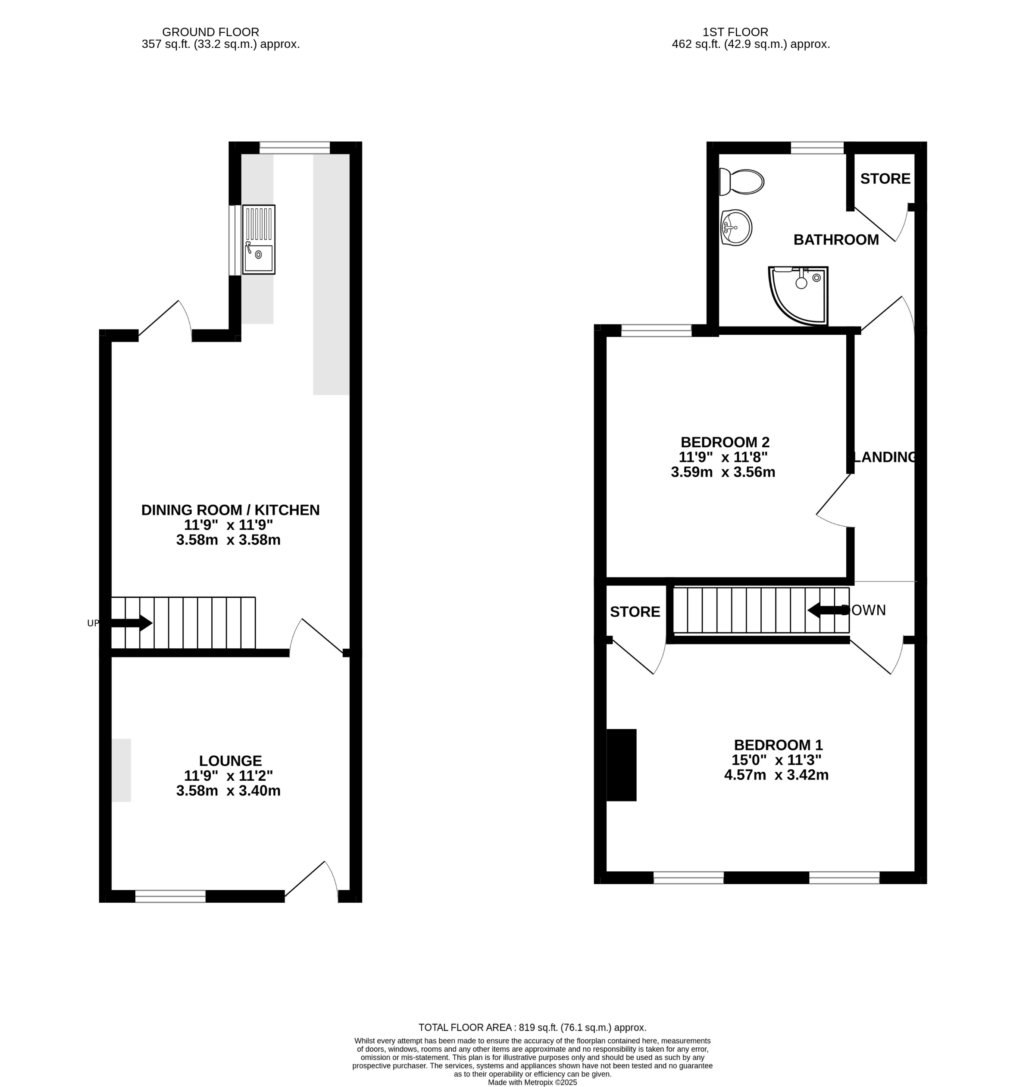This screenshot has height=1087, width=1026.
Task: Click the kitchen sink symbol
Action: [x=259, y=239]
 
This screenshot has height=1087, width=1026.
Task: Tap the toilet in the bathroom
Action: [x=742, y=181]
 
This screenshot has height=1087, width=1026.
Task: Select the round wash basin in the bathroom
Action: [x=737, y=227]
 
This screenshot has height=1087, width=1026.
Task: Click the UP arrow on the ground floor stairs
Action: [x=131, y=623]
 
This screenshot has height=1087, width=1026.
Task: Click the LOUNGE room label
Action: [x=230, y=761]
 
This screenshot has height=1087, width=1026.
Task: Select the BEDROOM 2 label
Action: [x=725, y=442]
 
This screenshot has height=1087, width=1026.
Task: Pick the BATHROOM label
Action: [x=836, y=240]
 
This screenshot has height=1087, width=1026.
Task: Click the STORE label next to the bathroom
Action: [x=885, y=179]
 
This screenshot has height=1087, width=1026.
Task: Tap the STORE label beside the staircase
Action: [x=635, y=612]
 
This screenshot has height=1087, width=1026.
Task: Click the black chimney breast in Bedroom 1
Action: [x=622, y=765]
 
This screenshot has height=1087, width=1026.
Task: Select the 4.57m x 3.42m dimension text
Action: [x=776, y=775]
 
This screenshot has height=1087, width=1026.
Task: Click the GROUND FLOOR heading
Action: [x=210, y=32]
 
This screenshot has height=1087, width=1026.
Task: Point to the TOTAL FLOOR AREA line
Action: [x=532, y=1027]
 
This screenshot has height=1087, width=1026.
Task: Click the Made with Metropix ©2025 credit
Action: [x=532, y=1082]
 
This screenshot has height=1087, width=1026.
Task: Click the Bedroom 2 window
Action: [x=656, y=330]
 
